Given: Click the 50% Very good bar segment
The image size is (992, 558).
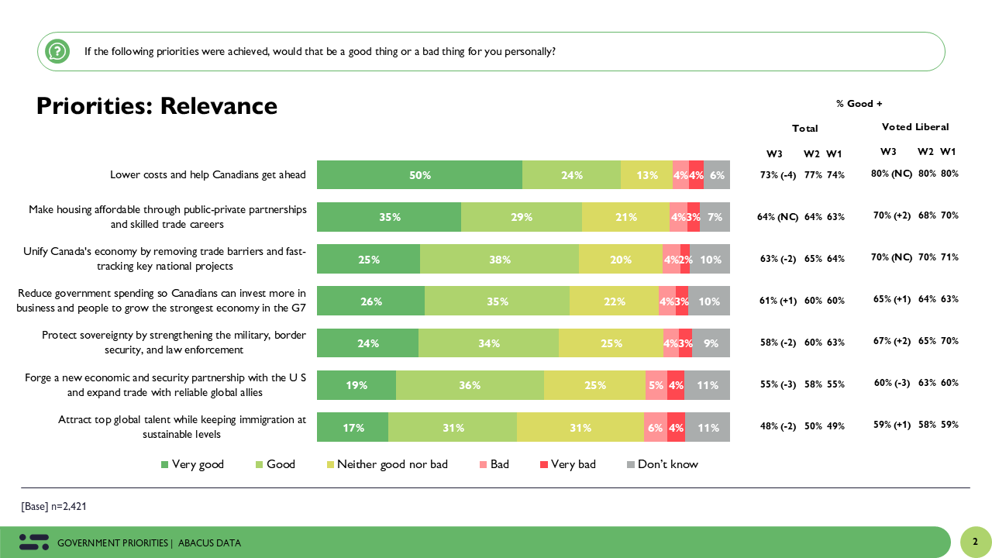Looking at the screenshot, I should [419, 175].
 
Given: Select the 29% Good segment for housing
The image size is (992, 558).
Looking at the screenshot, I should [522, 217].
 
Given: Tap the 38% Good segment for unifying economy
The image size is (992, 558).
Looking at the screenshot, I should [499, 260].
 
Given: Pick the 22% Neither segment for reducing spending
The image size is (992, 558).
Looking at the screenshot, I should [614, 301].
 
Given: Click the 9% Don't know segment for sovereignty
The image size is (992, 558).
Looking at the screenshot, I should [711, 343].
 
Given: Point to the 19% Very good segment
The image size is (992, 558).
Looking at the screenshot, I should [356, 385].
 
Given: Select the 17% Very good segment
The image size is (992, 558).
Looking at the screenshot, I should [353, 427].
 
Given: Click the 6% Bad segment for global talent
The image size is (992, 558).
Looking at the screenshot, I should [655, 427].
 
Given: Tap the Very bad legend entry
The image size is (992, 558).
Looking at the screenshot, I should [567, 464].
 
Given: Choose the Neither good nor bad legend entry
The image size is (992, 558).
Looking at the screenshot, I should [386, 464].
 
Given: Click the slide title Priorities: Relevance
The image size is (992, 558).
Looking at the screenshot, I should [157, 105].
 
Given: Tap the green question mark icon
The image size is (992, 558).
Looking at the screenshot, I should [57, 52].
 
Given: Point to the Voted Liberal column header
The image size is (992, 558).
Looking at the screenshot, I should [914, 126].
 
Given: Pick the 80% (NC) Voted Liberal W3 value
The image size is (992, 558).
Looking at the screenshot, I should [891, 174].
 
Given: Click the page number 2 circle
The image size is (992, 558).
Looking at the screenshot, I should [976, 542].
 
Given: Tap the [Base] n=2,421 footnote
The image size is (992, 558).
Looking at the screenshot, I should [54, 506].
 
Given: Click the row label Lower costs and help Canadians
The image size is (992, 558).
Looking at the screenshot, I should [208, 175].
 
